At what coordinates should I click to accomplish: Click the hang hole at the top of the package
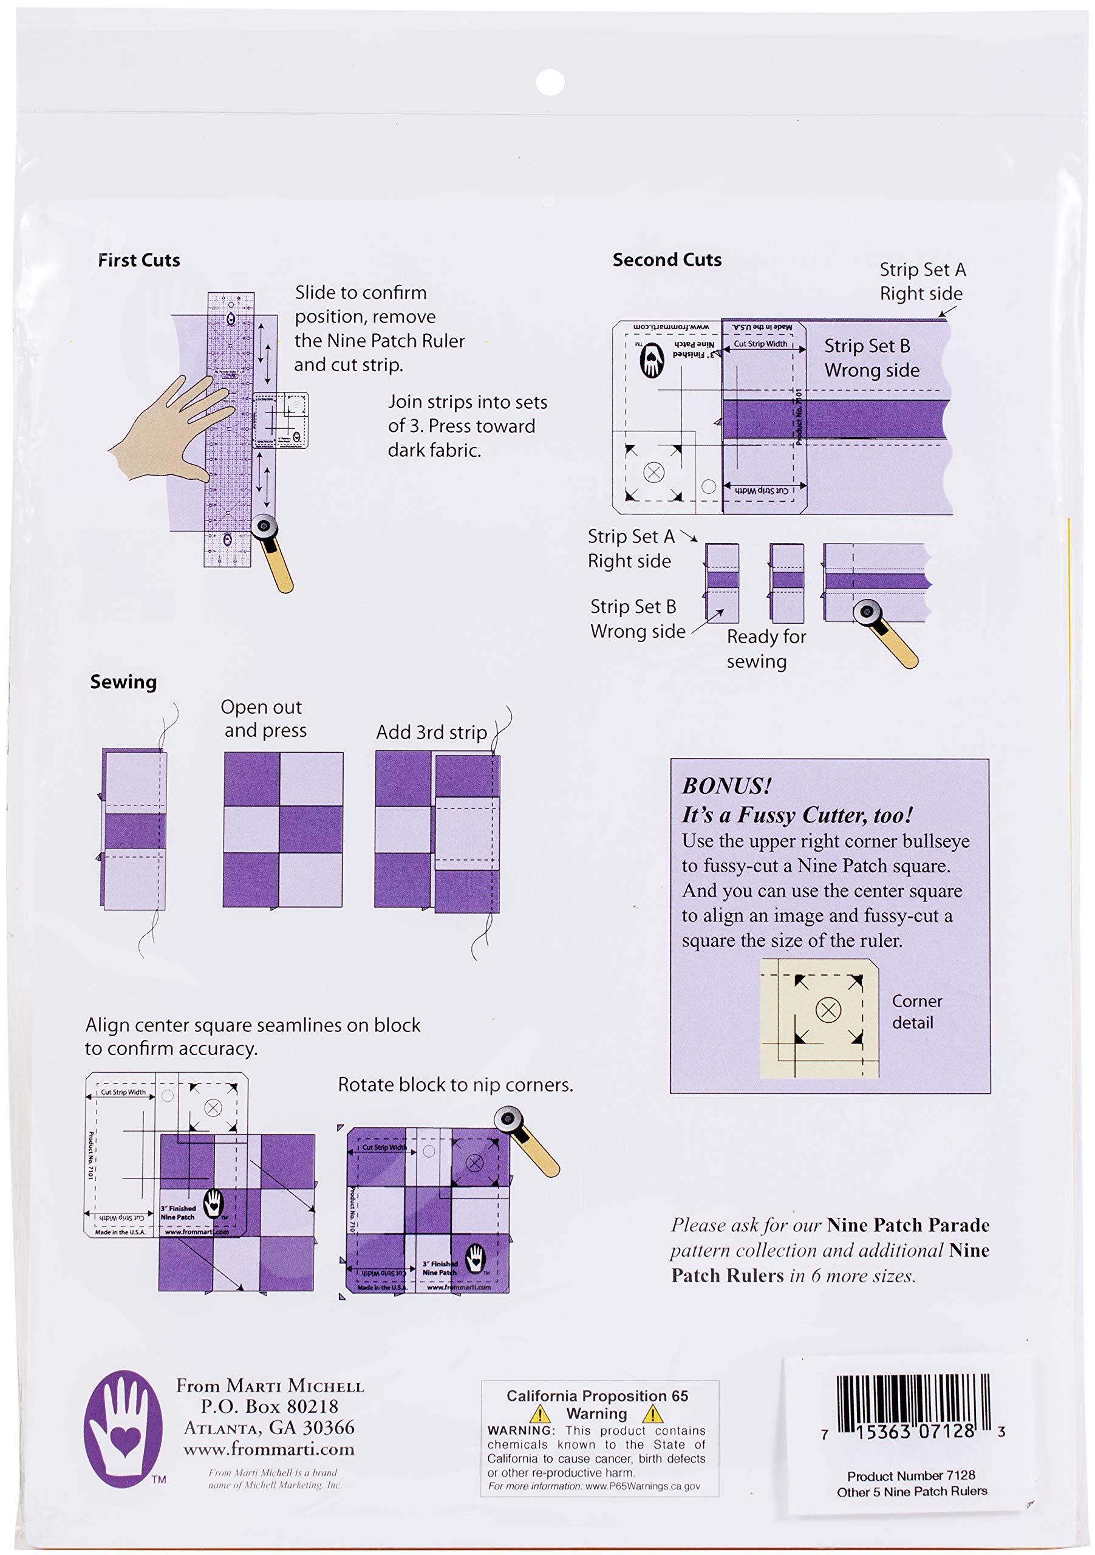(x=550, y=82)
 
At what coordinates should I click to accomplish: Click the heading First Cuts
(x=139, y=260)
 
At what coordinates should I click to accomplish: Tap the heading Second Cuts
(x=667, y=259)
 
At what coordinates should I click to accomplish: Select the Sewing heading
(x=123, y=682)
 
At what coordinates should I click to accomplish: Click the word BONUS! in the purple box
(x=726, y=785)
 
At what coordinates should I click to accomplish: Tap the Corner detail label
(x=916, y=1012)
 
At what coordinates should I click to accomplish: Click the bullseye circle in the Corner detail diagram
(x=828, y=1010)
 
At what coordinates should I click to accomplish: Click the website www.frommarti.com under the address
(x=269, y=1449)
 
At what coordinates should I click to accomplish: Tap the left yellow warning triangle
(x=540, y=1415)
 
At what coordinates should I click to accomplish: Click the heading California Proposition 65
(x=597, y=1396)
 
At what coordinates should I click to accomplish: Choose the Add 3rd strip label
(x=431, y=732)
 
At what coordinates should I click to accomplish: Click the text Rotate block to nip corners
(x=455, y=1085)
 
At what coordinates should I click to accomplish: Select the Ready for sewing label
(x=766, y=649)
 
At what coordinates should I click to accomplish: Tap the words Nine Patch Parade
(x=908, y=1225)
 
